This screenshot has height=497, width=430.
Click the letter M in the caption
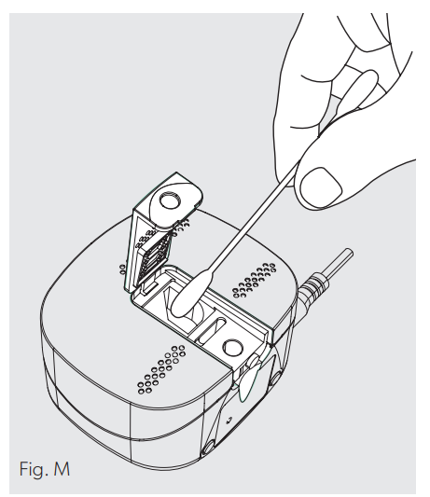click(62, 468)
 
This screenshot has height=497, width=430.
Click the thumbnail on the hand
click(321, 186)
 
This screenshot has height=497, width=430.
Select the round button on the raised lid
click(171, 200)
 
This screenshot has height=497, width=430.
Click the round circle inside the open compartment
click(232, 348)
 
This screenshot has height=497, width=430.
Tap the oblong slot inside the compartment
click(213, 329)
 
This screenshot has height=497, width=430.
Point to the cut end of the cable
click(348, 253)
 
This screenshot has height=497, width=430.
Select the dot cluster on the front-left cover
click(161, 369)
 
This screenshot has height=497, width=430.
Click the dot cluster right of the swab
click(255, 280)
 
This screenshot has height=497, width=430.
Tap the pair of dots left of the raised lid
click(122, 269)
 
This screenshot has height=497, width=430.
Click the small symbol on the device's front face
click(229, 421)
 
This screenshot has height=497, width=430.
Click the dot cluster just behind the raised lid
click(182, 226)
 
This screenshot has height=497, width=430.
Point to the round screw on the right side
click(275, 378)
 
